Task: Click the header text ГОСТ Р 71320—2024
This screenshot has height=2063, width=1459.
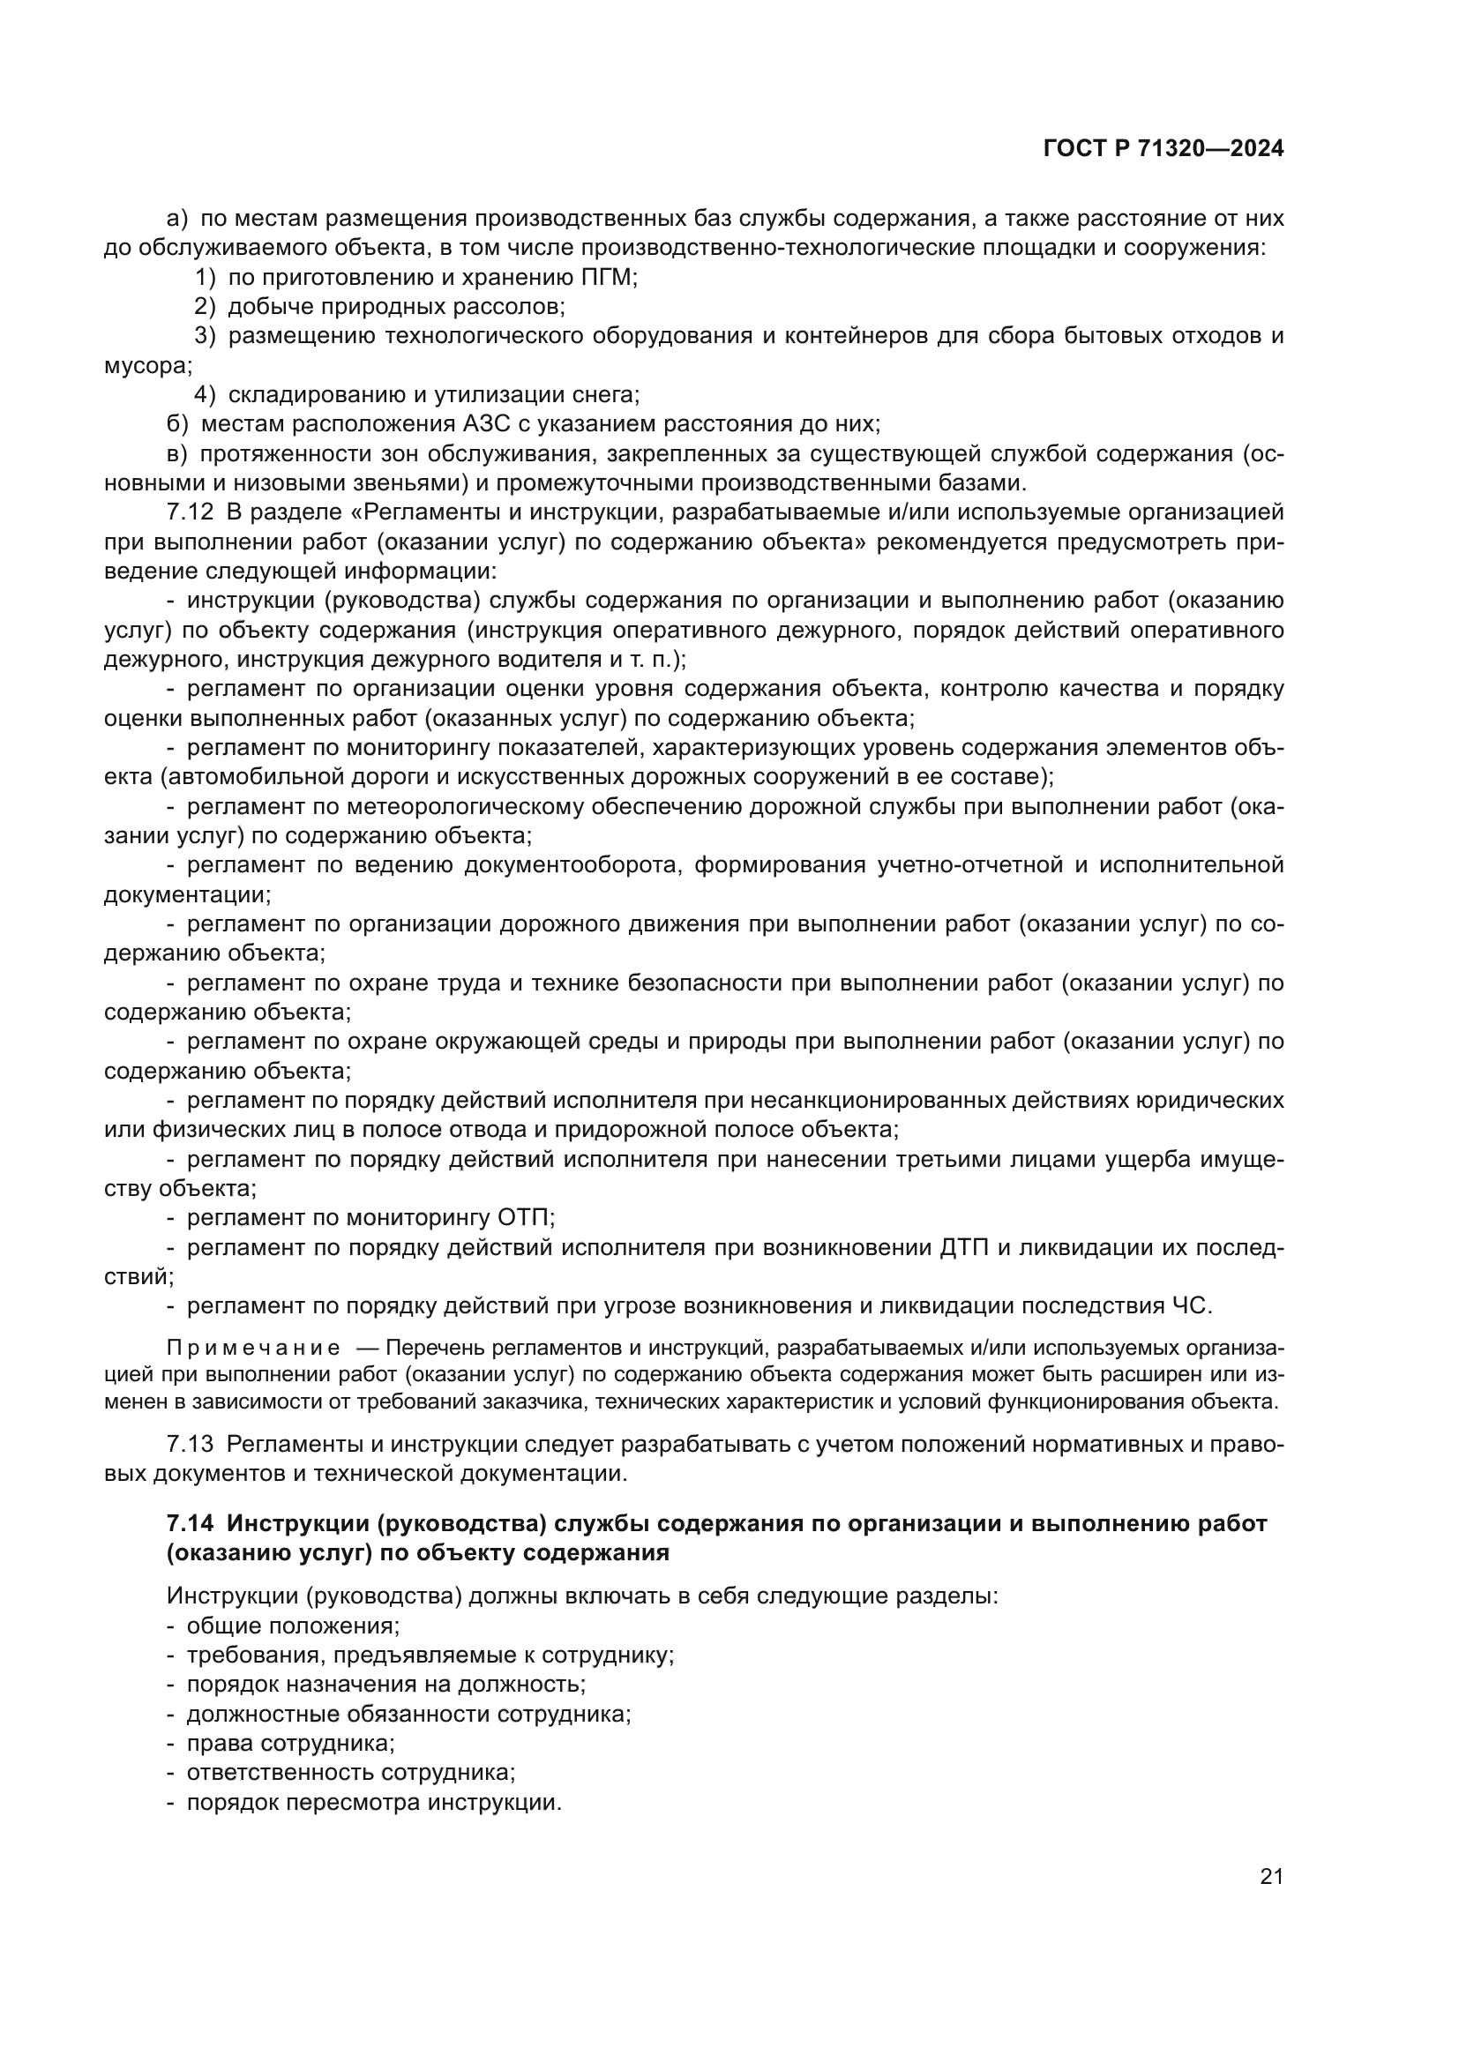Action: click(1163, 149)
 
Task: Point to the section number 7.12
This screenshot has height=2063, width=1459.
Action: click(190, 512)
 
